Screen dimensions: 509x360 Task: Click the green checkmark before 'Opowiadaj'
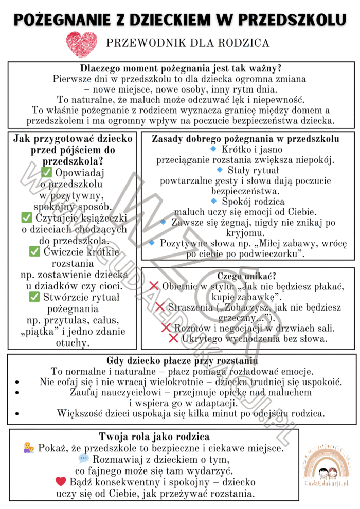(47, 173)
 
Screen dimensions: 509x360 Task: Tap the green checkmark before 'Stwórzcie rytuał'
(34, 297)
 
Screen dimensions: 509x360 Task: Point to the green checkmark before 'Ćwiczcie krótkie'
(34, 251)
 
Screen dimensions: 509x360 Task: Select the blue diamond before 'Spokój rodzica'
(214, 201)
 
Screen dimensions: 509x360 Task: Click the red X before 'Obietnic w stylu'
(153, 286)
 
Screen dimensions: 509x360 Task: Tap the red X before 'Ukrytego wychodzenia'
(173, 338)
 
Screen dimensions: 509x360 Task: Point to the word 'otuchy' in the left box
(72, 342)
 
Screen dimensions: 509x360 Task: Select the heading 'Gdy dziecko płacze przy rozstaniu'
(182, 360)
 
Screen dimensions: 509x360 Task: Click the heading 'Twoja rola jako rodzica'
(154, 437)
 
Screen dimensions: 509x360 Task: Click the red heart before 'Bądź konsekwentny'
(61, 482)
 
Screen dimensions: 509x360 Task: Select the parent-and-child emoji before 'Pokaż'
(29, 448)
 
